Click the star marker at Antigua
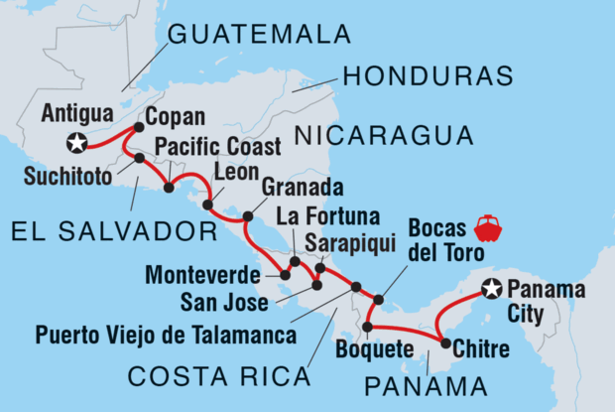[x=75, y=144]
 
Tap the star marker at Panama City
[x=490, y=289]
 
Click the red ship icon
[x=488, y=228]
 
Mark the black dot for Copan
[x=138, y=126]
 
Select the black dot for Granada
[x=248, y=214]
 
